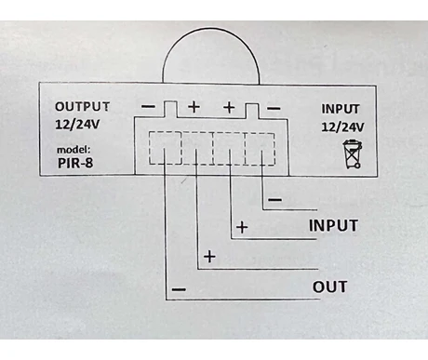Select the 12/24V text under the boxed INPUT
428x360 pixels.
tap(343, 126)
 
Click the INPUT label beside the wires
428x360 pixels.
tap(333, 226)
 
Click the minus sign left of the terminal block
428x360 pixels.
tap(149, 106)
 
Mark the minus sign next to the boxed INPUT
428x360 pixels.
tap(273, 107)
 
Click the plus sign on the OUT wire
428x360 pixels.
tap(210, 256)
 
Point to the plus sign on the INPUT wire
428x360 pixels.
tap(242, 226)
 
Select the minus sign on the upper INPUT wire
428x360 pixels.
tap(274, 199)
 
